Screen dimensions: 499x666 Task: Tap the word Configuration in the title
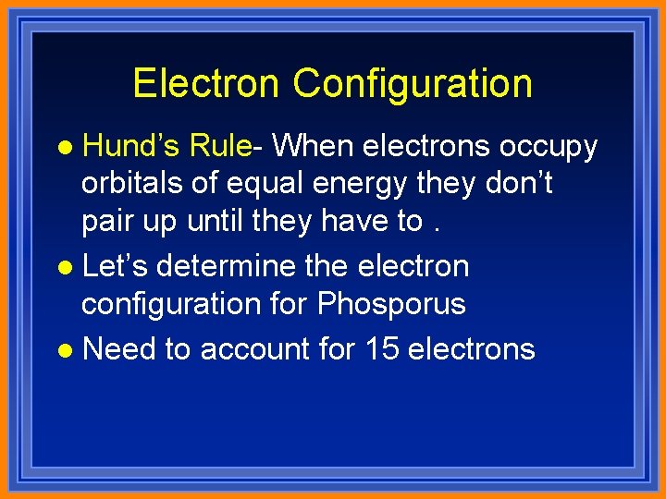pyautogui.click(x=413, y=83)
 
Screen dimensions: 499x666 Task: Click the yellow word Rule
pyautogui.click(x=219, y=145)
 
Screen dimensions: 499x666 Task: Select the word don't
pyautogui.click(x=519, y=183)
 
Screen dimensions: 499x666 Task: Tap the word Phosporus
pyautogui.click(x=391, y=304)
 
